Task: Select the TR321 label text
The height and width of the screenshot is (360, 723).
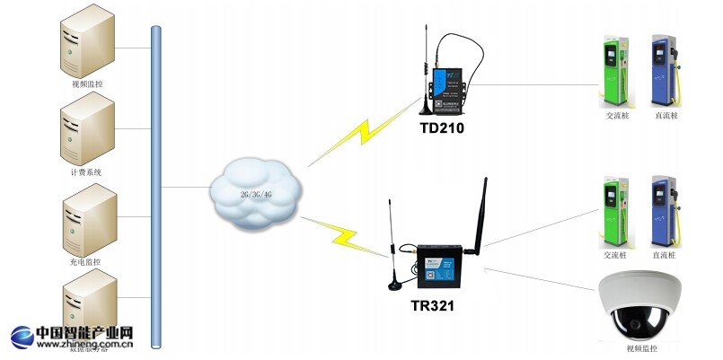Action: pos(432,305)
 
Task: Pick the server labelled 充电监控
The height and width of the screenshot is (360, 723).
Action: pos(87,221)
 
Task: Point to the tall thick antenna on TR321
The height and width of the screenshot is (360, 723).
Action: pos(480,215)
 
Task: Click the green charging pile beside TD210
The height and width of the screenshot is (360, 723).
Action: pos(615,71)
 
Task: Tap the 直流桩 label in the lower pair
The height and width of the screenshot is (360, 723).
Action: pos(666,255)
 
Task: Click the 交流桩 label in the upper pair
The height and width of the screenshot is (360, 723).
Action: pos(616,116)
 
